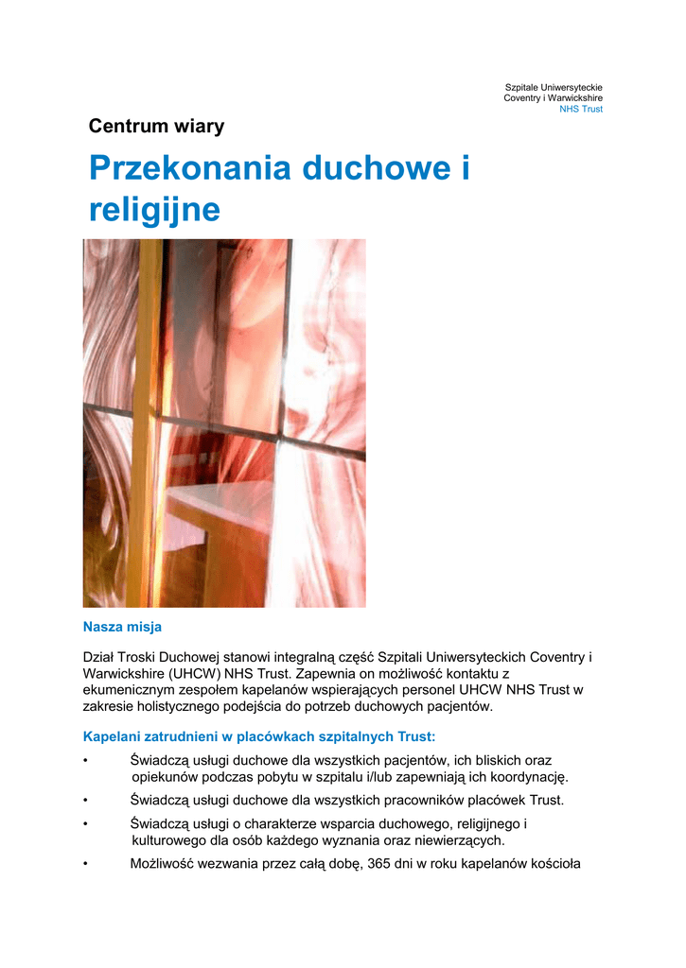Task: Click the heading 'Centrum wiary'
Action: click(x=156, y=127)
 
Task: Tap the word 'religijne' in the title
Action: click(x=154, y=209)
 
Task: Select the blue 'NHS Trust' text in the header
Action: click(x=581, y=110)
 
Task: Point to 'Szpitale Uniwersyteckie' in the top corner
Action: click(x=554, y=88)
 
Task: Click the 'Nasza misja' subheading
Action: click(x=122, y=627)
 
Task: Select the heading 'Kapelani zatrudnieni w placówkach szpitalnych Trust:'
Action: click(x=259, y=735)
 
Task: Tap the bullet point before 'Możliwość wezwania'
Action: click(x=86, y=864)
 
